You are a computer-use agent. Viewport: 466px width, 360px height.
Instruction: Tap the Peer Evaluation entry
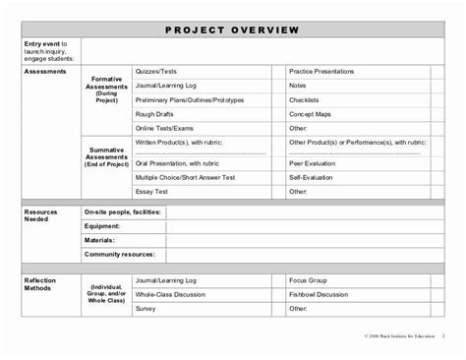[314, 163]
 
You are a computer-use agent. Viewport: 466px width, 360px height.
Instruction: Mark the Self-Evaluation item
[312, 177]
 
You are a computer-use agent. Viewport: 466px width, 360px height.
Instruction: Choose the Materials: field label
[101, 239]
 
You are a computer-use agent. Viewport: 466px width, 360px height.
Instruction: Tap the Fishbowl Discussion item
[320, 293]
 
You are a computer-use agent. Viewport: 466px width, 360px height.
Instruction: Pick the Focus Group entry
[308, 279]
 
